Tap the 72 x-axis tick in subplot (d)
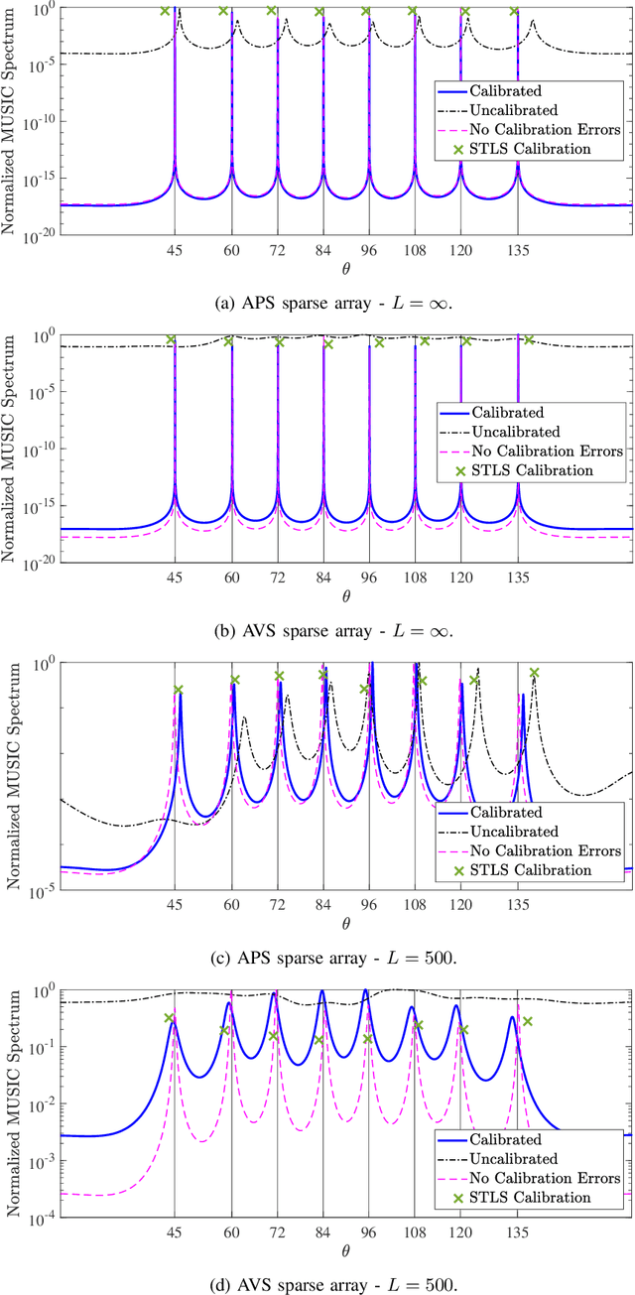coord(278,1231)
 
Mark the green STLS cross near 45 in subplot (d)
coord(170,1018)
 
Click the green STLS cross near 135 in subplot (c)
coord(534,673)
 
